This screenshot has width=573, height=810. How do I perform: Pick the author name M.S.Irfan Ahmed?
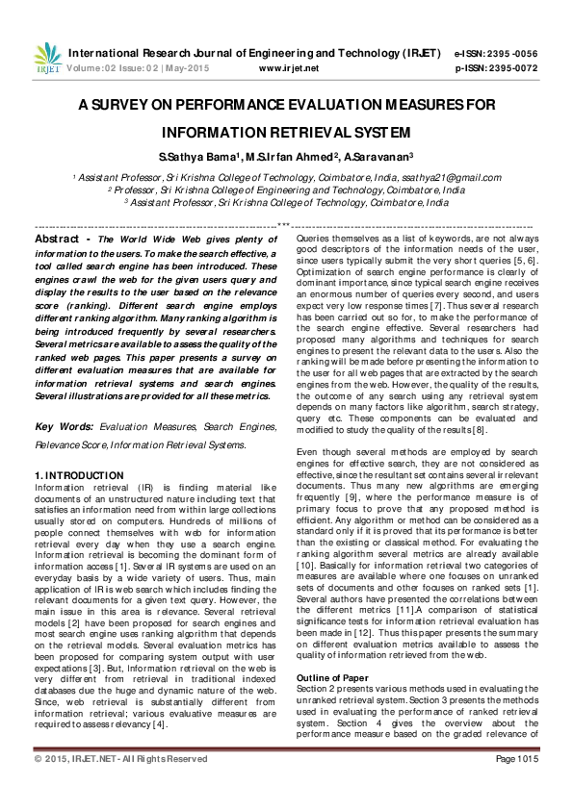[290, 156]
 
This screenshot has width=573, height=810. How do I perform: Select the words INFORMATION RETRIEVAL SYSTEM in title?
[286, 132]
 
